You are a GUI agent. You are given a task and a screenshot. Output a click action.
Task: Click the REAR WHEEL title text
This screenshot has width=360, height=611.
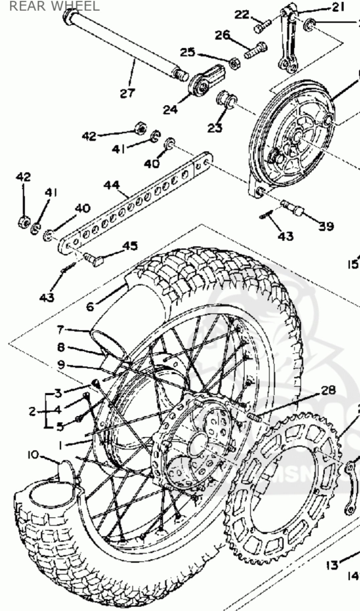[54, 6]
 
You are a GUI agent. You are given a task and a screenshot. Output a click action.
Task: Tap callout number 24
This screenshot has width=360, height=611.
[170, 109]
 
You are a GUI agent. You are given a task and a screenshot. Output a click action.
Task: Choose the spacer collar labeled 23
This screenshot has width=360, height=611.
[228, 100]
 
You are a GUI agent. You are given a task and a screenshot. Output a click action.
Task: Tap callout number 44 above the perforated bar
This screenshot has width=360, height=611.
[112, 185]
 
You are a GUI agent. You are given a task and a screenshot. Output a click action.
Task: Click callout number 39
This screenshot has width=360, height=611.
[326, 226]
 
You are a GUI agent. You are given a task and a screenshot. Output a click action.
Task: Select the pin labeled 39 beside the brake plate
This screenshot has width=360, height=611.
[292, 208]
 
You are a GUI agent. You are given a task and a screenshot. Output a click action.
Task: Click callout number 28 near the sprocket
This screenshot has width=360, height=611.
[329, 390]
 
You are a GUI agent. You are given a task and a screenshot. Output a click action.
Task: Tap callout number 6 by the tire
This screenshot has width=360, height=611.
[90, 306]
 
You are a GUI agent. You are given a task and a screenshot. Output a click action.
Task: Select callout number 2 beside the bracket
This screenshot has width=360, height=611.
[32, 411]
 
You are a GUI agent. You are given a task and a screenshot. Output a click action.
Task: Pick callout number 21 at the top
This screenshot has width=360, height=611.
[338, 7]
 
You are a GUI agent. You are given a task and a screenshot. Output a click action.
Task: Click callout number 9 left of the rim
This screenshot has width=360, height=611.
[61, 364]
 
